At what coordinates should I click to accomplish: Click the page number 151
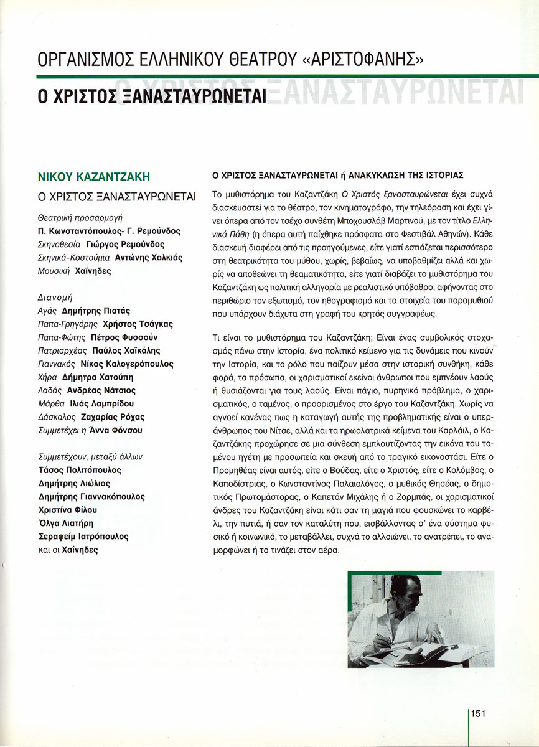[478, 713]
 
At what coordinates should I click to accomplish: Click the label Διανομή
[52, 298]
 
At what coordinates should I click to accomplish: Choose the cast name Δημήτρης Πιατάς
[96, 311]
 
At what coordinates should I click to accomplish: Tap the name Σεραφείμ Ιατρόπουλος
[83, 536]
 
